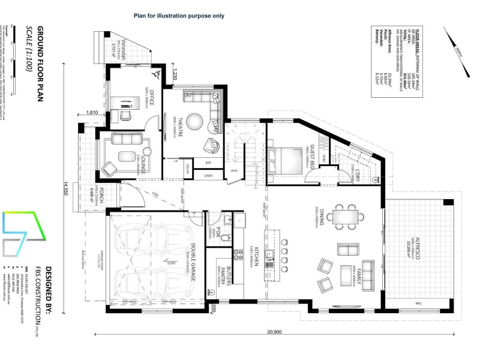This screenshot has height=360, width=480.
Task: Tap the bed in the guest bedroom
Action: pyautogui.click(x=287, y=160)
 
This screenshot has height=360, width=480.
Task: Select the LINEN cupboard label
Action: pyautogui.click(x=208, y=176)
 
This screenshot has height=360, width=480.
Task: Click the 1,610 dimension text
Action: pyautogui.click(x=92, y=112)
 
